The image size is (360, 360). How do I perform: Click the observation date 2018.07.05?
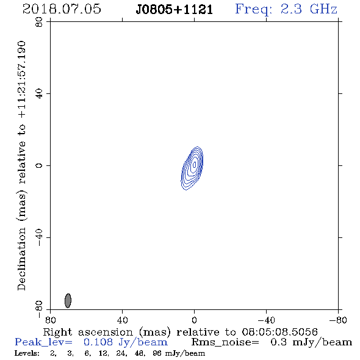pos(62,9)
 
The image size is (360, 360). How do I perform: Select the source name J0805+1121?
pos(175,10)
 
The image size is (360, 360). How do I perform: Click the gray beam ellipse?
pos(68,301)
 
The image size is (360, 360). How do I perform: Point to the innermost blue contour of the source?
pos(195,164)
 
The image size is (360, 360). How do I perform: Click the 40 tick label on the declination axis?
pos(39,94)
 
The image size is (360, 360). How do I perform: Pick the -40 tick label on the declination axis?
pos(39,237)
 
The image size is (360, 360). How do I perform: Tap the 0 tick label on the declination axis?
pos(39,165)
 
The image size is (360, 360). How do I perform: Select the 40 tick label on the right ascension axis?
pos(122,320)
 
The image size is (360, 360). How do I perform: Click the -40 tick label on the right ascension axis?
pos(266,320)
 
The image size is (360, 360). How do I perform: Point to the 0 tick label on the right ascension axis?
pos(194,320)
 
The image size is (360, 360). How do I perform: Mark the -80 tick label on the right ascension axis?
pos(338,320)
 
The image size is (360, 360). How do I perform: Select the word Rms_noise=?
pos(225,342)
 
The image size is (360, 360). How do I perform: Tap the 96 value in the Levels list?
pos(157,353)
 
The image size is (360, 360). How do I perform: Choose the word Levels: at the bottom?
pos(27,353)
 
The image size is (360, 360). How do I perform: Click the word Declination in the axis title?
pos(22,259)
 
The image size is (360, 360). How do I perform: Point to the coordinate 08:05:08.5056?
pos(279,332)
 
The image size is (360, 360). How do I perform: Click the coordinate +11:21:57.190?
pos(22,79)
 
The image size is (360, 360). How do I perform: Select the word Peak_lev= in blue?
pos(43,342)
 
